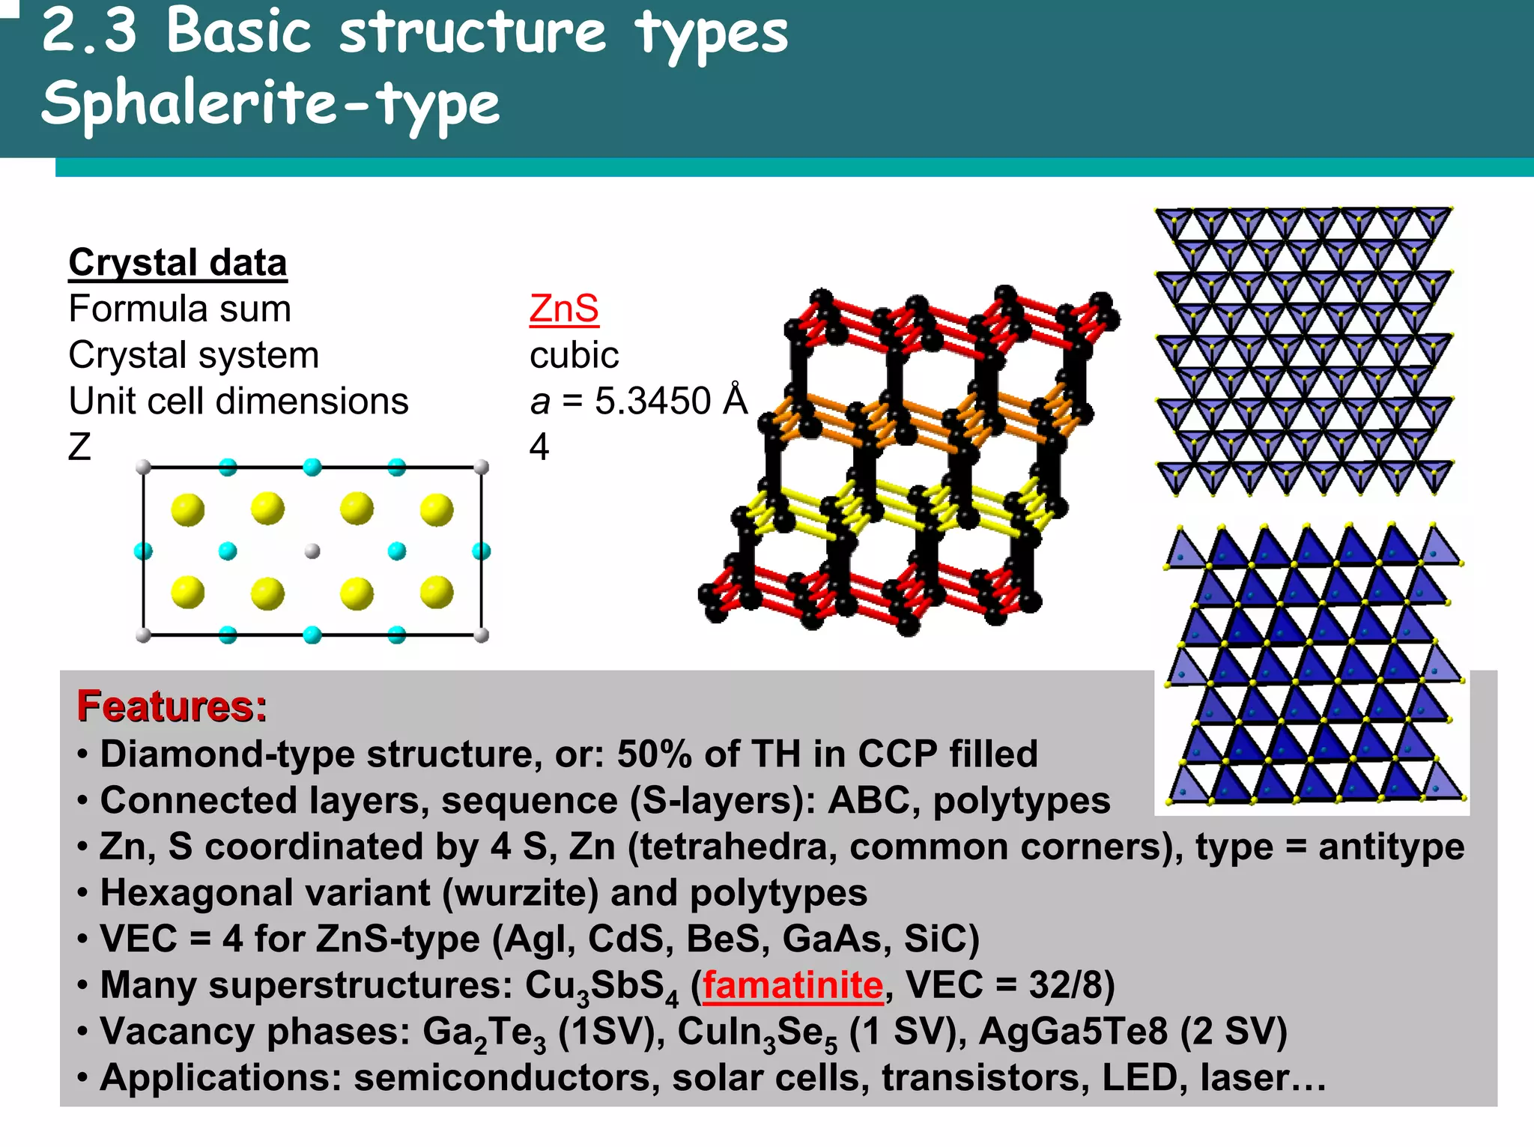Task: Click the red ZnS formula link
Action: tap(563, 309)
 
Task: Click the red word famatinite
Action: tap(792, 985)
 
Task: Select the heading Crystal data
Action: tap(178, 263)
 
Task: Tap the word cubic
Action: tap(574, 355)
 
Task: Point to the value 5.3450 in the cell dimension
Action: tap(652, 401)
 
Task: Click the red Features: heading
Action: tap(172, 706)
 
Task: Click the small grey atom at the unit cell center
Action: tap(312, 551)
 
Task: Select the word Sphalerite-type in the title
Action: tap(270, 103)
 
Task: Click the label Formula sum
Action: tap(180, 309)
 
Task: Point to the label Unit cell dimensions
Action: tap(238, 401)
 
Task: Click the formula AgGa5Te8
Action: tap(1073, 1032)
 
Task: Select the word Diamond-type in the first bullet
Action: tap(227, 754)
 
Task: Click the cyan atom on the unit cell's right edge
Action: tap(481, 552)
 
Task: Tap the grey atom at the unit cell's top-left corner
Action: tap(144, 468)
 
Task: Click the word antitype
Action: tap(1391, 847)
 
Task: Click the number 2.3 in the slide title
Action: tap(90, 31)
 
